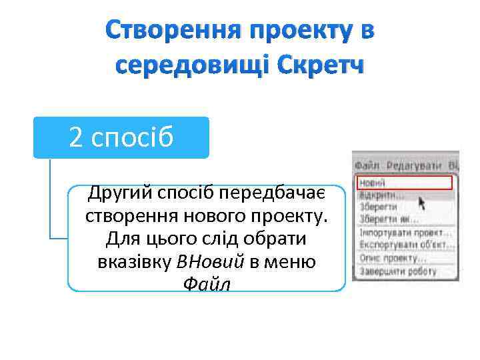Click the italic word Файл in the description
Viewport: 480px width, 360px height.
(x=207, y=284)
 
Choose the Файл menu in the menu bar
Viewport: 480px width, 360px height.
(x=367, y=164)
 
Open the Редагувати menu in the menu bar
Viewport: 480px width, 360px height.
(x=413, y=164)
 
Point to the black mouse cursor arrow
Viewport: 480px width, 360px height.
(x=421, y=202)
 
